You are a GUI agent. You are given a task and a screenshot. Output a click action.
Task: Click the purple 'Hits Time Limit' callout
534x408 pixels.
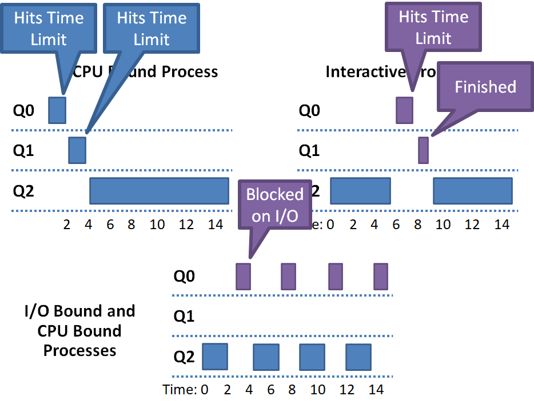(433, 27)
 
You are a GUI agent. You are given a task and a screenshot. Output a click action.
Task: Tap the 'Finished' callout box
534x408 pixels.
(485, 87)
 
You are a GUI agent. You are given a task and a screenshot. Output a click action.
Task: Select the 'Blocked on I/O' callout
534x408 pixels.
(274, 205)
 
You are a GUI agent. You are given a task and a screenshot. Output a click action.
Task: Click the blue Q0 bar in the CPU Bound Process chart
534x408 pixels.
(57, 110)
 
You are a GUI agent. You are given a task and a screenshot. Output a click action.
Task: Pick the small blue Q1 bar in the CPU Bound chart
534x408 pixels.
(77, 150)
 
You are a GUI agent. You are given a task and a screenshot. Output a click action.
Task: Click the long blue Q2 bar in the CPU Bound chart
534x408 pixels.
(159, 190)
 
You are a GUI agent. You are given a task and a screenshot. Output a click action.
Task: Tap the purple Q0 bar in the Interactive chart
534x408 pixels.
(404, 110)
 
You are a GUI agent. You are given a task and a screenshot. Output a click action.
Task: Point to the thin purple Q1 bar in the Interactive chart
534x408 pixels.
(423, 150)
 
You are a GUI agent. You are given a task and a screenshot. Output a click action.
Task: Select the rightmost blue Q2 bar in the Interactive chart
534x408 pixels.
(472, 191)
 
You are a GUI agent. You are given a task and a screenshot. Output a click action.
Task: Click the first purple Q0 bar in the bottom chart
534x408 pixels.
(243, 277)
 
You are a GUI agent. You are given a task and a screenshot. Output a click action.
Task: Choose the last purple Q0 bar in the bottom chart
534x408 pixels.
(381, 277)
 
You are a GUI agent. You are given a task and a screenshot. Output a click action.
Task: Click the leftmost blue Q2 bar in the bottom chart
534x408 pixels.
(216, 356)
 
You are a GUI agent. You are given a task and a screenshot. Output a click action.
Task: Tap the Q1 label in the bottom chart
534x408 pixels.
(184, 316)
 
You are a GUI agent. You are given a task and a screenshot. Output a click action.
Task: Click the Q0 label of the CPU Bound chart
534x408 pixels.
(23, 110)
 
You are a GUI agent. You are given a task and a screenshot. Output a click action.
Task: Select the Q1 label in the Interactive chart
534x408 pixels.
(309, 151)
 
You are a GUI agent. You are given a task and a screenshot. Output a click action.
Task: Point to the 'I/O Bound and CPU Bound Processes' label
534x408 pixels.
(80, 331)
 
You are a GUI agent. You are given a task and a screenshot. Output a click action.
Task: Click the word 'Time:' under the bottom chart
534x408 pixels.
(180, 390)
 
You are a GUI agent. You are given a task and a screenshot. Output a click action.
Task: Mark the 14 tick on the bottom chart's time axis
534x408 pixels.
(375, 390)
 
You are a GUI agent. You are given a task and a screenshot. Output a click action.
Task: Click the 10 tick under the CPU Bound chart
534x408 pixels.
(157, 225)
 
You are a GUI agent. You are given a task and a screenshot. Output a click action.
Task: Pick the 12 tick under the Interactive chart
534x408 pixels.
(472, 225)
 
